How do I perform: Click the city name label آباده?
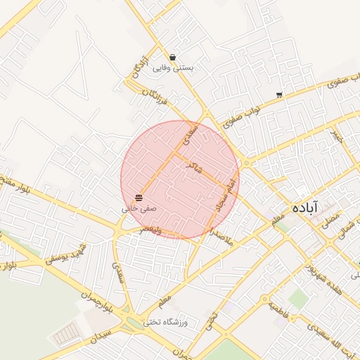coord(304,207)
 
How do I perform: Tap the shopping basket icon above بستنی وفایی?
coord(173,57)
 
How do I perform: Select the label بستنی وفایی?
coord(173,67)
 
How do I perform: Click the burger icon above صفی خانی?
coord(139,198)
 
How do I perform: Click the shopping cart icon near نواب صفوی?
coord(280,95)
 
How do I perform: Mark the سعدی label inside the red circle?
coord(188,134)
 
